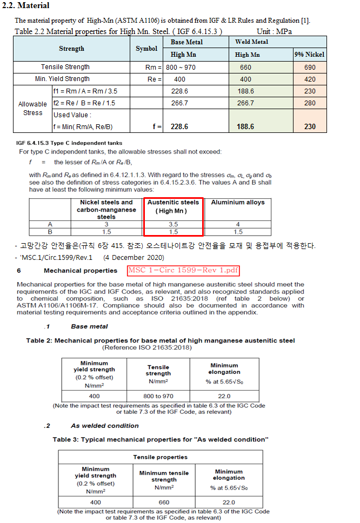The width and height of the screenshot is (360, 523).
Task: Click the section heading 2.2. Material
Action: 26,5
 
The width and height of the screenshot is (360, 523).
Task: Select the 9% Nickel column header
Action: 310,55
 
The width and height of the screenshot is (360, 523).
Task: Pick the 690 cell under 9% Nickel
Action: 310,67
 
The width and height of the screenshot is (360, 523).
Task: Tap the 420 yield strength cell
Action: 310,79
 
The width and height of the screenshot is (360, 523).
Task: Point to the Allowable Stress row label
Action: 32,109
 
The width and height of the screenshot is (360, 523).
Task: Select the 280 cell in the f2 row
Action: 310,103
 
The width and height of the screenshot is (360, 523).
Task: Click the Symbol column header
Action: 146,49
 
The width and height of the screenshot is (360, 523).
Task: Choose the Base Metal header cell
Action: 186,42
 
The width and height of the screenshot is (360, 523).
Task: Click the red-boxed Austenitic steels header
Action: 174,206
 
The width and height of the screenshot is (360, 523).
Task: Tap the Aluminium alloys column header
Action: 237,203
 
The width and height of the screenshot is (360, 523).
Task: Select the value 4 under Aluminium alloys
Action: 237,224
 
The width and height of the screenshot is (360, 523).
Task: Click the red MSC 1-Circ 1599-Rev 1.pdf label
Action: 183,271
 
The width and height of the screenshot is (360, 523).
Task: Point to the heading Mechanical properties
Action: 81,271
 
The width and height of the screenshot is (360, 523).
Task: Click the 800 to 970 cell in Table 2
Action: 158,396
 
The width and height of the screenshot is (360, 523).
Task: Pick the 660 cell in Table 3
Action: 164,502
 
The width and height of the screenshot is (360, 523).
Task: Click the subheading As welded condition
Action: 104,426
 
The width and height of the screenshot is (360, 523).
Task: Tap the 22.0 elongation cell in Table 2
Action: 224,396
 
